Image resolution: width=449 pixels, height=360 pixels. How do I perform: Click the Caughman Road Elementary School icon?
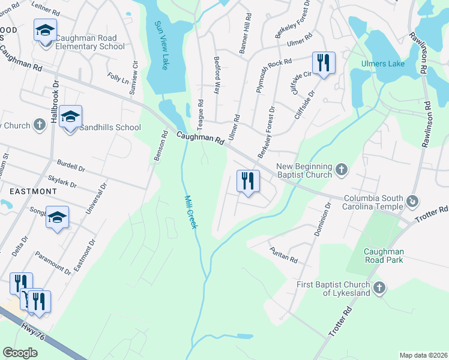[x=45, y=31]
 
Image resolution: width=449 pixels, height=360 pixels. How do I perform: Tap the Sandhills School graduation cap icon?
[x=70, y=118]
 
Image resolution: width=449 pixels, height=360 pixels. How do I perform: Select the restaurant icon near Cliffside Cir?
[x=323, y=62]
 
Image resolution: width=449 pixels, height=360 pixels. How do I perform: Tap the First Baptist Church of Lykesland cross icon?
[x=379, y=288]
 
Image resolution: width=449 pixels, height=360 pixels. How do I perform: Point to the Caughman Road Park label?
[x=382, y=256]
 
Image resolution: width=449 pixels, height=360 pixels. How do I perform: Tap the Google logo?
[x=20, y=352]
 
